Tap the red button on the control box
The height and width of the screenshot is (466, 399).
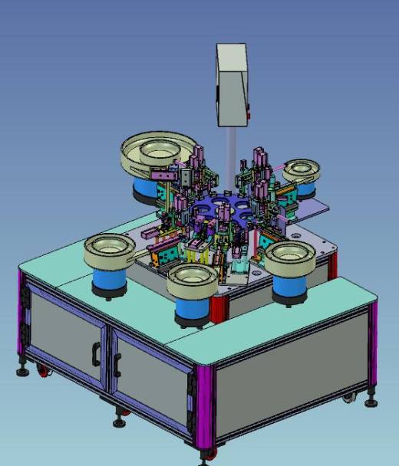[248, 116]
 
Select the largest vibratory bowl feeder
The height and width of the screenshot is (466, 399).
[158, 153]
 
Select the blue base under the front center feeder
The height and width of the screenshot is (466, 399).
[192, 310]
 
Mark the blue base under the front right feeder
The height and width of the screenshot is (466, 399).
[291, 286]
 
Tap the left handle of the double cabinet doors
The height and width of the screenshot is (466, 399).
[96, 353]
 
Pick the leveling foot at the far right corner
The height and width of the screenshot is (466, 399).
[372, 399]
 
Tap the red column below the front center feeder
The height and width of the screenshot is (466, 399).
[217, 307]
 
